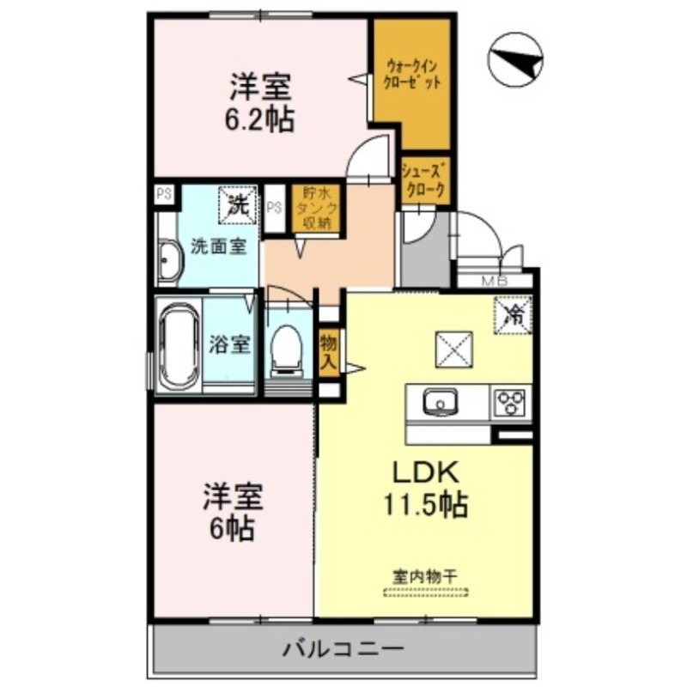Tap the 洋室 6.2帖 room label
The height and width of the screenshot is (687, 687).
(259, 102)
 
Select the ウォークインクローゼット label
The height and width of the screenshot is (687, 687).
(414, 76)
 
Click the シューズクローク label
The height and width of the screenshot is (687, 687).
(423, 181)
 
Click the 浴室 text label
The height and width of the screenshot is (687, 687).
(229, 345)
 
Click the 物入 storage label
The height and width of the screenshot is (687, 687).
(328, 351)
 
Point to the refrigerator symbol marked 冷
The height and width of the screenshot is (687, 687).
(513, 313)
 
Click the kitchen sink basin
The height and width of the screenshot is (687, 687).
(442, 401)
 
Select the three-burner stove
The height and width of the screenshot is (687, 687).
(512, 402)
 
